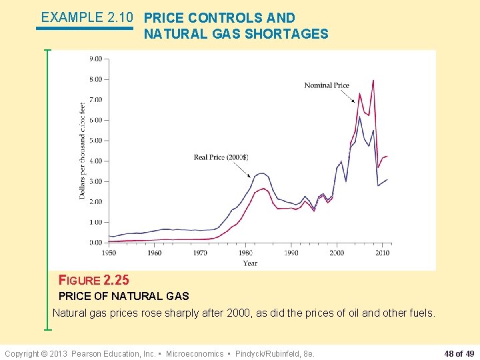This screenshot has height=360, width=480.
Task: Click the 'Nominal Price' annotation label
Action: click(327, 85)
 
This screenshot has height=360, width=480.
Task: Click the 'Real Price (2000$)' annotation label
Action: click(221, 157)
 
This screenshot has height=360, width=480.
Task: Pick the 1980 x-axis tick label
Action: click(245, 253)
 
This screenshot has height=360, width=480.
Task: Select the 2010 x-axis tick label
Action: click(382, 253)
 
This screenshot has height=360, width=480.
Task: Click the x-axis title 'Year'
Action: click(250, 263)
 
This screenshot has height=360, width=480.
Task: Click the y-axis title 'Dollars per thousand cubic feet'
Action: click(83, 149)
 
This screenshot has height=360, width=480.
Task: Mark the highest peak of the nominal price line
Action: click(373, 81)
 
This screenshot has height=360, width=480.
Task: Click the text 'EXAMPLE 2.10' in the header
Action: click(87, 17)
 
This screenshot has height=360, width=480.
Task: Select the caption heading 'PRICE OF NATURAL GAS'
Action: click(124, 296)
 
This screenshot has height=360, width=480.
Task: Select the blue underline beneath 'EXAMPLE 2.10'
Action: click(85, 29)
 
